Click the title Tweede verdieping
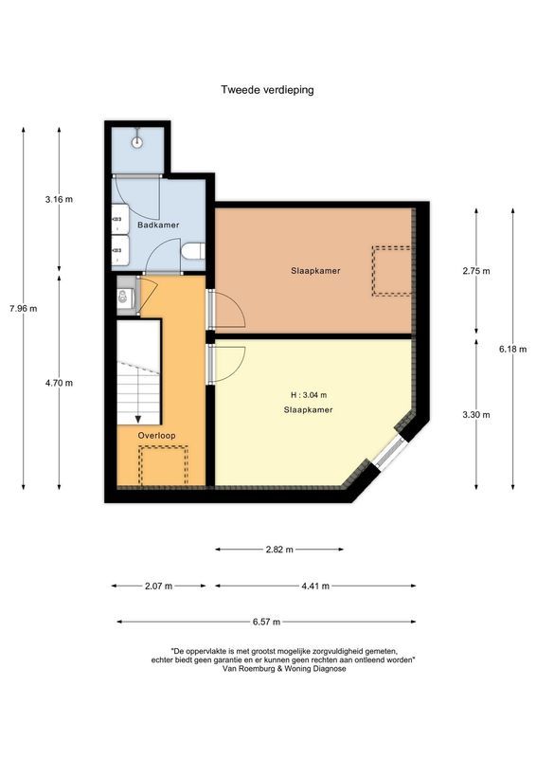pyautogui.click(x=267, y=90)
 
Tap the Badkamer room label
pyautogui.click(x=158, y=225)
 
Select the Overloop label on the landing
pyautogui.click(x=156, y=436)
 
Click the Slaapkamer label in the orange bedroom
pyautogui.click(x=315, y=271)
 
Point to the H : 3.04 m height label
pyautogui.click(x=309, y=395)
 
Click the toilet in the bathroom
pyautogui.click(x=194, y=251)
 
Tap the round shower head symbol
pyautogui.click(x=137, y=142)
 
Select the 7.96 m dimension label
pyautogui.click(x=23, y=309)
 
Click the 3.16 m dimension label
pyautogui.click(x=59, y=199)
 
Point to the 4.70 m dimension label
pyautogui.click(x=59, y=383)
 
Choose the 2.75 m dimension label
pyautogui.click(x=476, y=271)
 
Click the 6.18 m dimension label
pyautogui.click(x=513, y=349)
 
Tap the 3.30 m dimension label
pyautogui.click(x=476, y=415)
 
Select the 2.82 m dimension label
pyautogui.click(x=279, y=550)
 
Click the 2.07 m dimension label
pyautogui.click(x=158, y=587)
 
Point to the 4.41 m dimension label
pyautogui.click(x=315, y=587)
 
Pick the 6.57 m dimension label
pyautogui.click(x=266, y=623)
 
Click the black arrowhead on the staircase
pyautogui.click(x=138, y=419)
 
